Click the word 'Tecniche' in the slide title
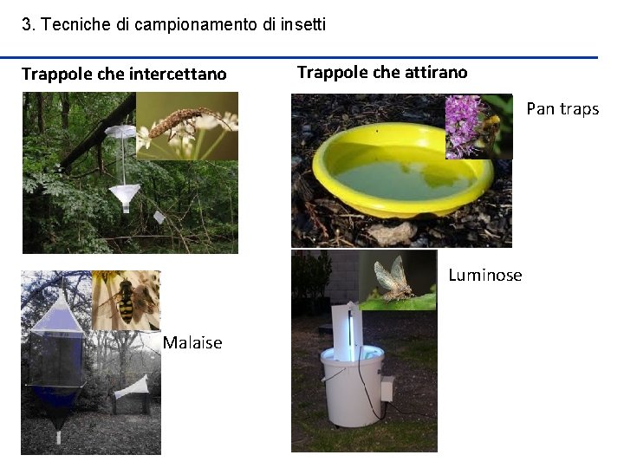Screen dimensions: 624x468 click(x=76, y=24)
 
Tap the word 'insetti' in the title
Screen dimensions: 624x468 click(x=303, y=24)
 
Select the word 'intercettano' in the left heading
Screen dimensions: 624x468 click(x=178, y=74)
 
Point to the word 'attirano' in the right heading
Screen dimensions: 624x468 click(x=436, y=73)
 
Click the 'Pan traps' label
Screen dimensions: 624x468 click(x=562, y=109)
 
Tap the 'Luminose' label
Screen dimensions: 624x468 click(x=485, y=275)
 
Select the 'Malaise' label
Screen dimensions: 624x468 click(x=192, y=342)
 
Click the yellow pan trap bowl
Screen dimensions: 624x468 click(x=402, y=171)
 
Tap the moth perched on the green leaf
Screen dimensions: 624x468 click(x=394, y=278)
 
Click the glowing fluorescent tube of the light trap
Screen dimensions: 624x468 click(x=351, y=335)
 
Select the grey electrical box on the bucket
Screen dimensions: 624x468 click(x=387, y=388)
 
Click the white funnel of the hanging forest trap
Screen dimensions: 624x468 click(x=125, y=195)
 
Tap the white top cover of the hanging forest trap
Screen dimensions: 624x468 click(x=121, y=131)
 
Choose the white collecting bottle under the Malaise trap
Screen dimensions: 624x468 click(x=59, y=437)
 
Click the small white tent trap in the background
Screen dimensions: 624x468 click(x=132, y=388)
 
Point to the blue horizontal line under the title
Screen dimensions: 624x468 click(x=299, y=58)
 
